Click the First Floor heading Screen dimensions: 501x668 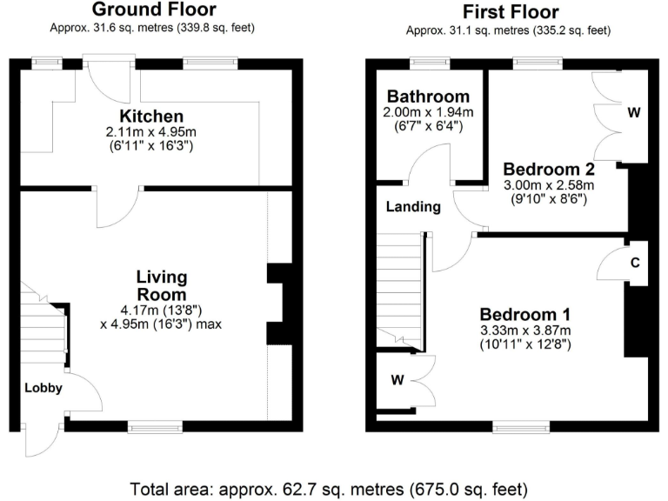pyautogui.click(x=511, y=11)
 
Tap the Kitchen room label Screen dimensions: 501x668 pyautogui.click(x=151, y=117)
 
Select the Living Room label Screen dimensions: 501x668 pyautogui.click(x=161, y=286)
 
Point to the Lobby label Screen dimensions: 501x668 pyautogui.click(x=43, y=388)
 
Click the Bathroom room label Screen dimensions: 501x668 pyautogui.click(x=428, y=97)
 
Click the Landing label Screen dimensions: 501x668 pyautogui.click(x=413, y=207)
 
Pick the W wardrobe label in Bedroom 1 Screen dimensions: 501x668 pyautogui.click(x=397, y=379)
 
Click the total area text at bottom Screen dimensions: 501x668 pyautogui.click(x=329, y=488)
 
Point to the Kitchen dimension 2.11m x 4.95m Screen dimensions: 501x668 pyautogui.click(x=151, y=132)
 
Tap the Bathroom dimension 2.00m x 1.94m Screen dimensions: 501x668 pyautogui.click(x=428, y=112)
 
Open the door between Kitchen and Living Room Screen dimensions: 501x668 pyautogui.click(x=118, y=202)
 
